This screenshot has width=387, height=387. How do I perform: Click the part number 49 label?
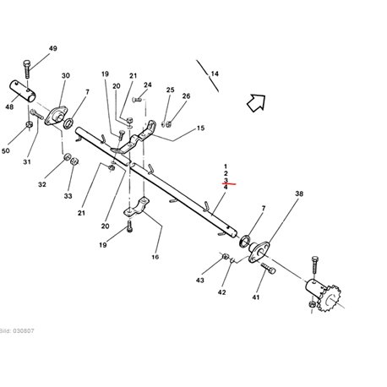coord(53,48)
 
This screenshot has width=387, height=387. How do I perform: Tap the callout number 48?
coord(9,107)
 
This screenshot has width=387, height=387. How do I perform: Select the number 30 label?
coord(66,76)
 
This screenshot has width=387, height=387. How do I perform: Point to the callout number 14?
coord(215,74)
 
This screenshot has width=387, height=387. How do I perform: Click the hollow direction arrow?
coord(257,103)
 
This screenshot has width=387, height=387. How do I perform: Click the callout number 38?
coord(299,193)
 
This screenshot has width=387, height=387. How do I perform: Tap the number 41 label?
coord(255,297)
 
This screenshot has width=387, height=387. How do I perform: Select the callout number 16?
coord(155,257)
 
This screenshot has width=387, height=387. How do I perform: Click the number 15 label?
coord(200,128)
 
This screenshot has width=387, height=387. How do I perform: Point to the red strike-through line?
coord(229,184)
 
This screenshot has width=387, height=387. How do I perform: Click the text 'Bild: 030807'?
coord(17,330)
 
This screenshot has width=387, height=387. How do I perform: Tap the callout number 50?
coord(6,151)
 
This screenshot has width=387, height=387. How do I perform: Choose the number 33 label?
coord(68,196)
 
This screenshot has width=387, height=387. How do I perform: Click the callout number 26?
coord(186,96)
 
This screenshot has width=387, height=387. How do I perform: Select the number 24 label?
coord(148,85)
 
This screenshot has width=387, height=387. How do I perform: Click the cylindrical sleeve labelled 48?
coord(24,91)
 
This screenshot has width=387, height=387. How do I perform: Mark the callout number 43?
coord(200,281)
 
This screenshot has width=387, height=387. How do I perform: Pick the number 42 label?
coord(221,292)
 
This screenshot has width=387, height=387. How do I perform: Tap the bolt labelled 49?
coord(27,68)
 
